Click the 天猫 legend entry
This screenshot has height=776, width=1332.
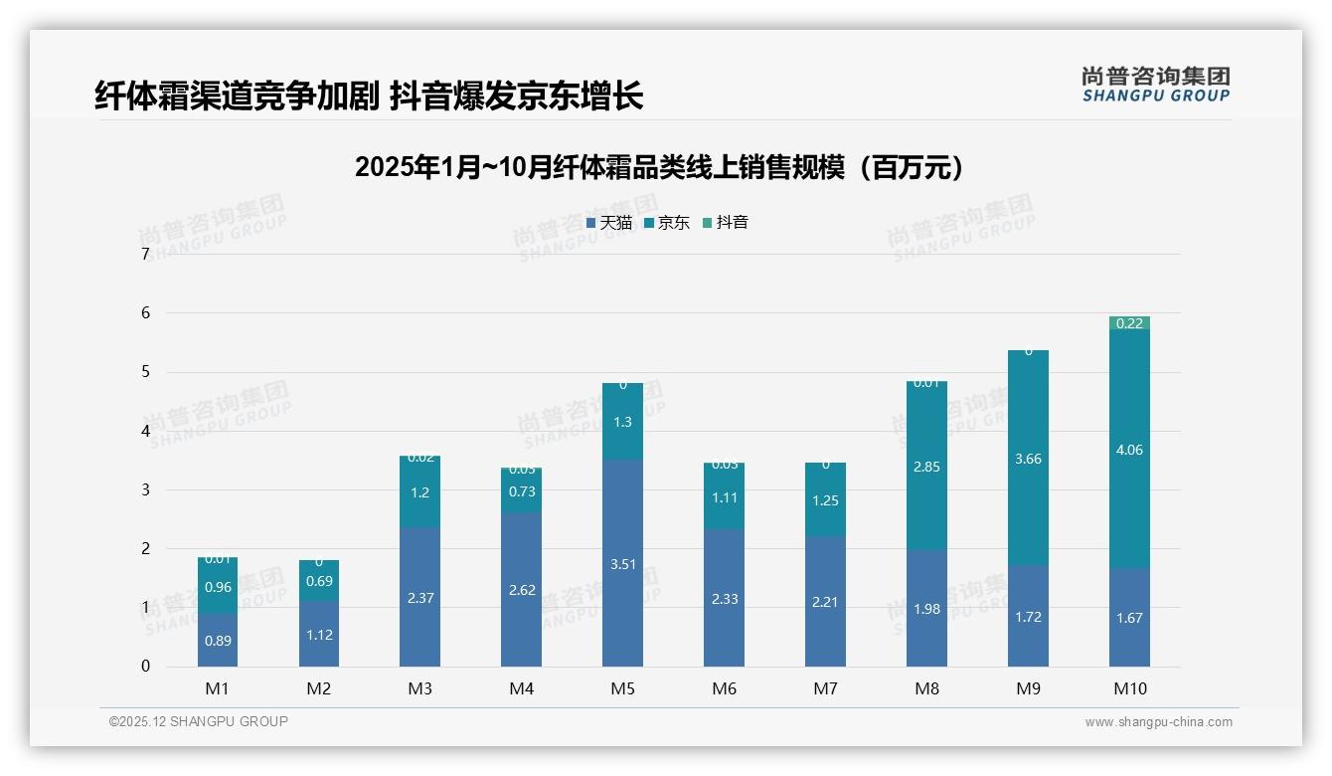coord(609,223)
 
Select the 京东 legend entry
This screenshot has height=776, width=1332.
coord(667,223)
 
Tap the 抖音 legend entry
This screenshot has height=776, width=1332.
coord(726,223)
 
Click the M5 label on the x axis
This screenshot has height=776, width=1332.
coord(622,689)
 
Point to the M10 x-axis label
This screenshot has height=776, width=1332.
coord(1129,689)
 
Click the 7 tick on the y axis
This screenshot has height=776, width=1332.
coord(145,255)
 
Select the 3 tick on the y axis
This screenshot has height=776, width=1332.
coord(145,489)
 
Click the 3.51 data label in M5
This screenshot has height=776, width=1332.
coord(622,565)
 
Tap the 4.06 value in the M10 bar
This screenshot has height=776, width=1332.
coord(1129,450)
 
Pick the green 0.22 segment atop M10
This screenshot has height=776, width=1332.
coord(1129,323)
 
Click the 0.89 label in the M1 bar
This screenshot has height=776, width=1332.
coord(218,641)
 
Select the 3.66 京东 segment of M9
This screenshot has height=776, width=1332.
coord(1028,459)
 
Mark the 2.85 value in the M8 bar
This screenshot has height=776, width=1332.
coord(926,467)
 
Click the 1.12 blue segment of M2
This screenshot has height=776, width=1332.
coord(319,634)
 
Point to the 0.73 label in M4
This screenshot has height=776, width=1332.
coord(521,491)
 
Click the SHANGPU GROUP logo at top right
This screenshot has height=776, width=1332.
coord(1155,85)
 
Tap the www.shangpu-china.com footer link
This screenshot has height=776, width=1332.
coord(1158,722)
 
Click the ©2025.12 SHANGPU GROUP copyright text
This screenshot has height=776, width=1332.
coord(199,722)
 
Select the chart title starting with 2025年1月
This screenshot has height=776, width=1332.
coord(659,167)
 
